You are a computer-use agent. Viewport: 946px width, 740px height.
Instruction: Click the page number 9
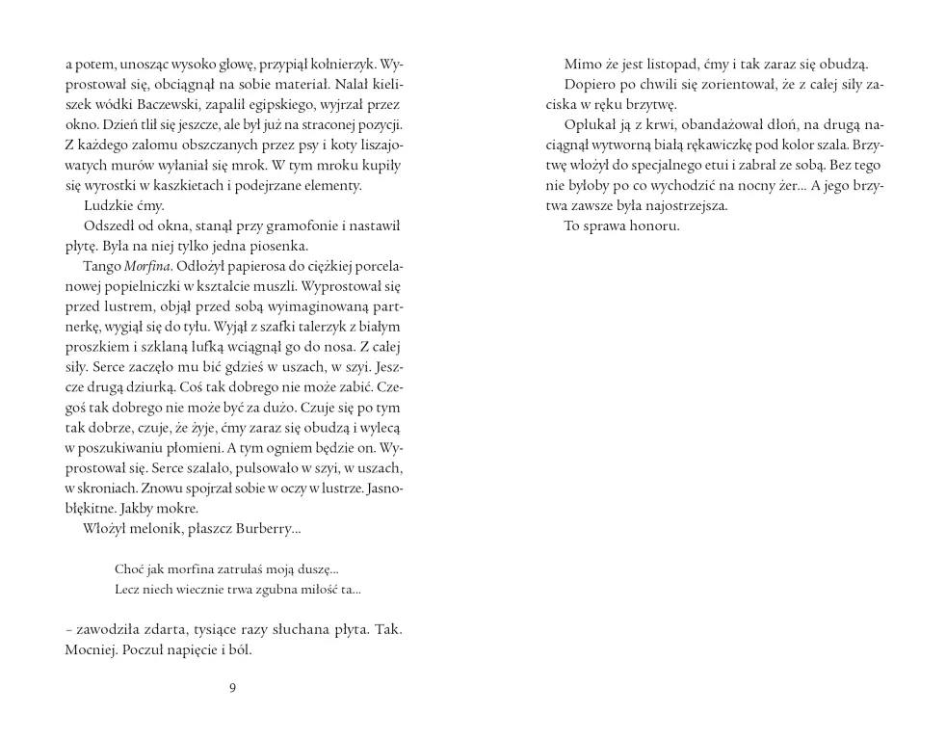coord(233,687)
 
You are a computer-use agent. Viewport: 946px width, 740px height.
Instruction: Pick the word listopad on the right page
coord(696,65)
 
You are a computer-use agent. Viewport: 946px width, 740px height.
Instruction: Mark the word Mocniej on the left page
coord(92,649)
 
